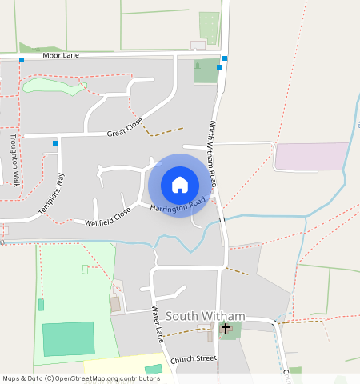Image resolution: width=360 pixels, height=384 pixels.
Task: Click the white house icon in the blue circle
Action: [180, 185]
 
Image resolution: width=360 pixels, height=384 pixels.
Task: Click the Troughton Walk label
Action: [14, 160]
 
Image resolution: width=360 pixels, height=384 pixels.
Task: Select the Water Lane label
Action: [158, 323]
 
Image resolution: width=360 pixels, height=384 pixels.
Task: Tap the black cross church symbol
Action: [226, 328]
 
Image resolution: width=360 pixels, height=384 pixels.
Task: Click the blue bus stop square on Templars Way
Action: [55, 143]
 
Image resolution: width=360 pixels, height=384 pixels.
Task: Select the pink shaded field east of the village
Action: [312, 156]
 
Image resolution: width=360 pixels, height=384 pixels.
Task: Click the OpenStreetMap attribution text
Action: [81, 378]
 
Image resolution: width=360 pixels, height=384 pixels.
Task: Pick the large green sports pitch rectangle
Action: [68, 338]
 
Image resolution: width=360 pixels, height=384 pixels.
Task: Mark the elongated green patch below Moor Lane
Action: [53, 85]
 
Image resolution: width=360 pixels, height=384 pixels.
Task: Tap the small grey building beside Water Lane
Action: [115, 304]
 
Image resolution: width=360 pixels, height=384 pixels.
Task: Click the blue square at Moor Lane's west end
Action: [22, 60]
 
